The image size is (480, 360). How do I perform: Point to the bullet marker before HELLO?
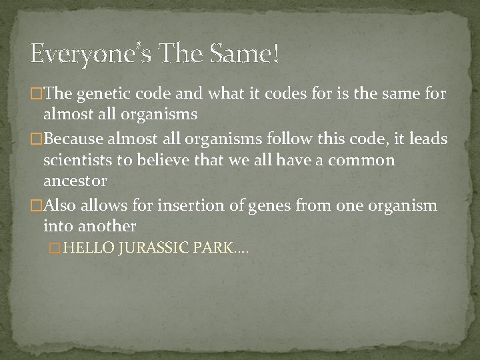[56, 248]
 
